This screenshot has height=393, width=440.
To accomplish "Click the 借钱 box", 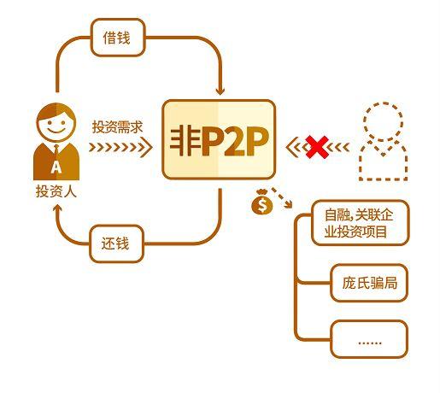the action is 118,38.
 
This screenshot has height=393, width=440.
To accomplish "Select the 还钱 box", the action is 116,243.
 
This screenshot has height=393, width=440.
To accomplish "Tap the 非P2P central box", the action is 219,139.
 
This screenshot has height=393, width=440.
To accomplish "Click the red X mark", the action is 317,147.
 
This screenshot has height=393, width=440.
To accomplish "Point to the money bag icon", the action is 262,202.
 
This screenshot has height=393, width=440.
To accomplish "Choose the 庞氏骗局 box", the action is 369,283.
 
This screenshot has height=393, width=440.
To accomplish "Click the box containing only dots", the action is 369,339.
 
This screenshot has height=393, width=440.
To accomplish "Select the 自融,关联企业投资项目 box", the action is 361,223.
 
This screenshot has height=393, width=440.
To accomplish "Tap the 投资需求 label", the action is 117,127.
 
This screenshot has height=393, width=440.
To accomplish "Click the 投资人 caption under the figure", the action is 56,191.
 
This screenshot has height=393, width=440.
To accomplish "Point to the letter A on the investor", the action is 56,167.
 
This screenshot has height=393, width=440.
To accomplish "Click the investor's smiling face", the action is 56,126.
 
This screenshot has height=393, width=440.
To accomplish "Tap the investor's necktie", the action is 56,150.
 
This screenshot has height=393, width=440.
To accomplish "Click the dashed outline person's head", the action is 384,120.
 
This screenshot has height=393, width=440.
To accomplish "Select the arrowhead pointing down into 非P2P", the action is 220,91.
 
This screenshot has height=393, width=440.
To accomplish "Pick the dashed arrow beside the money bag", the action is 282,197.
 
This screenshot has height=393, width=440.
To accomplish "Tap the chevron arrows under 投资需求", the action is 120,147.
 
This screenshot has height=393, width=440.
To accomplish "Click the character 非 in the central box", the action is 185,141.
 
